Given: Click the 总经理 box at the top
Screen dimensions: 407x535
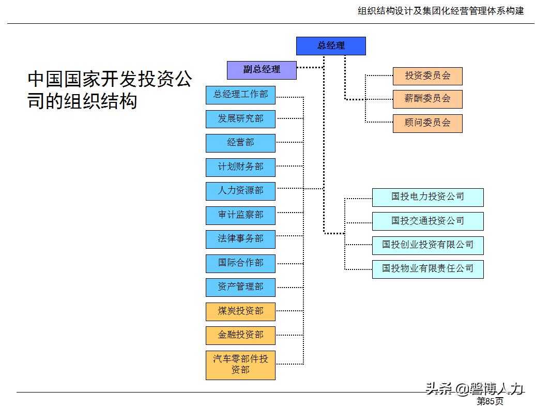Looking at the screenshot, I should [331, 46].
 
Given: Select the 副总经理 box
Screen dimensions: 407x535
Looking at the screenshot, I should [262, 70].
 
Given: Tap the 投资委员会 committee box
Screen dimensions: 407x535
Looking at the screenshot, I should [427, 76].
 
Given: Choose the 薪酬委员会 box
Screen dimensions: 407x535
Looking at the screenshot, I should [427, 99].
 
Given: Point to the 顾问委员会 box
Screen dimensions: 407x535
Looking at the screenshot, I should [427, 123].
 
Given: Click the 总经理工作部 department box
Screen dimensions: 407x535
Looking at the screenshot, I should [240, 95].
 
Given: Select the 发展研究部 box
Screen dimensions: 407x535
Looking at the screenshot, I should [240, 119].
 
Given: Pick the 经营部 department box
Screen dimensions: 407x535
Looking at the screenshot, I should [240, 143].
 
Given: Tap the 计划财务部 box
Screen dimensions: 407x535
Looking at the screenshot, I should [240, 167].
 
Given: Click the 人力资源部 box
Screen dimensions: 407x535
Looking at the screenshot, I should [240, 191].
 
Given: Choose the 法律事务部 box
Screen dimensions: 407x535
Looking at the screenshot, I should [240, 239].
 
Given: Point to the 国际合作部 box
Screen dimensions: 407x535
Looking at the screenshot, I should [240, 263].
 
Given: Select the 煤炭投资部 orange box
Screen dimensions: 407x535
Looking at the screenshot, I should [240, 311].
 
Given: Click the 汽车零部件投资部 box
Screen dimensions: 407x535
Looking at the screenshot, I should [240, 365].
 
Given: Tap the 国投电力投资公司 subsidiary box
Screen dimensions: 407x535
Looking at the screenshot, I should [427, 197].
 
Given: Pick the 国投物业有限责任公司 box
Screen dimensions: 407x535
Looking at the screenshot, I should [427, 269].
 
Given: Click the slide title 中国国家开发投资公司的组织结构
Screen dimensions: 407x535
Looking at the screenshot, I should [110, 90].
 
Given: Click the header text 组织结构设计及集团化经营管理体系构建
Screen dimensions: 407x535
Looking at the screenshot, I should [440, 11].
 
